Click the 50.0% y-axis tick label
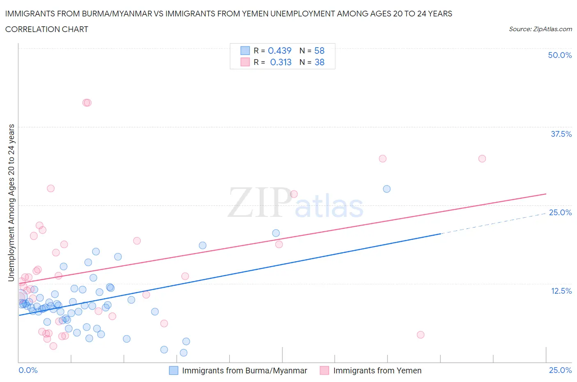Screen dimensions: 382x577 (560, 55)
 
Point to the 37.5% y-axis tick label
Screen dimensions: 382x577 (561, 134)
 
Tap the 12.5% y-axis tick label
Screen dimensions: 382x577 (561, 291)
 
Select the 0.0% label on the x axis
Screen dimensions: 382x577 (28, 370)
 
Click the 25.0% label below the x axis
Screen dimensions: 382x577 (560, 370)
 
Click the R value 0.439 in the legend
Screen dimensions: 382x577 (279, 51)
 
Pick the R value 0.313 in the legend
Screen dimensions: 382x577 (281, 62)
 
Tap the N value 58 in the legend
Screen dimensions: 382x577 (319, 51)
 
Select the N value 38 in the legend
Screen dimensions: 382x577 (319, 62)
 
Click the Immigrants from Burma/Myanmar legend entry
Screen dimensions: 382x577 (244, 370)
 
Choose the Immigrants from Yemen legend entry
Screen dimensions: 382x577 (377, 370)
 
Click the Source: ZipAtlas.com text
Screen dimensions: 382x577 (540, 29)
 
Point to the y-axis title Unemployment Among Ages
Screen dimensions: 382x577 (11, 203)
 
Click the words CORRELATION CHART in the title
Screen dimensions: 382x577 (47, 29)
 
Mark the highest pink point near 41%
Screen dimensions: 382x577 (87, 102)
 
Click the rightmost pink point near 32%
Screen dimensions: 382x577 (482, 159)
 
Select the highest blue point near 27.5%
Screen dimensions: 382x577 (387, 189)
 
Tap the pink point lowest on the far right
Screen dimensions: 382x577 (420, 335)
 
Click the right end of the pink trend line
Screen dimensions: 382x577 (546, 193)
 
